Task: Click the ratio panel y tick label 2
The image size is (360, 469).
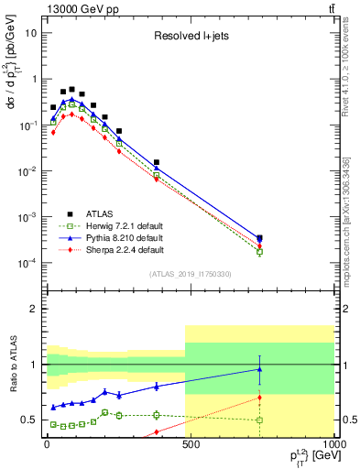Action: click(x=32, y=309)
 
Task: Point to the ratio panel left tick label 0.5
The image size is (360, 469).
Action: click(x=28, y=420)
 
